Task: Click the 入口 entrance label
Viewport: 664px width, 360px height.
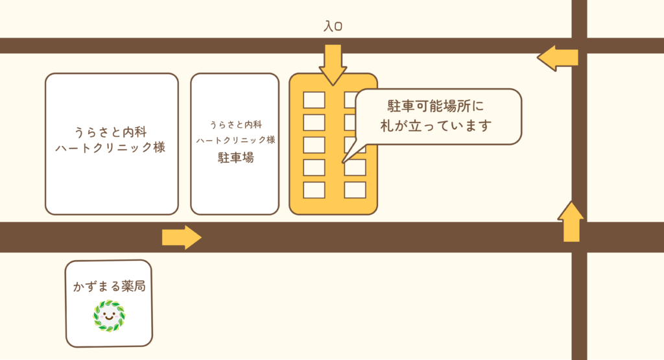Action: [x=333, y=27]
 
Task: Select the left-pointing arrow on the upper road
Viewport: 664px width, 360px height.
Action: [x=557, y=58]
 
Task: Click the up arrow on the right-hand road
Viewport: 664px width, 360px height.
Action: [x=571, y=221]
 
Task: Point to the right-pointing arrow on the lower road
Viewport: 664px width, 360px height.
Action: [x=182, y=237]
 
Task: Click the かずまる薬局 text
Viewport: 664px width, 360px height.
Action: [x=109, y=286]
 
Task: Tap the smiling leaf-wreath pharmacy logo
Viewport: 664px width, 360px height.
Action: [x=109, y=316]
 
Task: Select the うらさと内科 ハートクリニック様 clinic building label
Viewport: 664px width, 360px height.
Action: [x=111, y=139]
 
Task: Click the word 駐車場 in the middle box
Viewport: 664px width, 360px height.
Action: [x=235, y=157]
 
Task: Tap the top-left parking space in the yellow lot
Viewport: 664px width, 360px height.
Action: [x=314, y=100]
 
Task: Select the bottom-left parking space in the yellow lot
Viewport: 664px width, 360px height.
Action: [x=314, y=190]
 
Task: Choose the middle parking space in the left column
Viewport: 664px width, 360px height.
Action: [x=314, y=145]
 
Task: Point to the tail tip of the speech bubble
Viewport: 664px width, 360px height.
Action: [x=343, y=161]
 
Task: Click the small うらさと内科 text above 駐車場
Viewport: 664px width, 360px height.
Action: [x=235, y=124]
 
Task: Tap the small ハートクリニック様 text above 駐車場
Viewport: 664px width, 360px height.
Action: [x=235, y=139]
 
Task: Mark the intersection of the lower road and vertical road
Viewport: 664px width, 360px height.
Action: [x=579, y=237]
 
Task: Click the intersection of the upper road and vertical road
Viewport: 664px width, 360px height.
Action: [x=579, y=45]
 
